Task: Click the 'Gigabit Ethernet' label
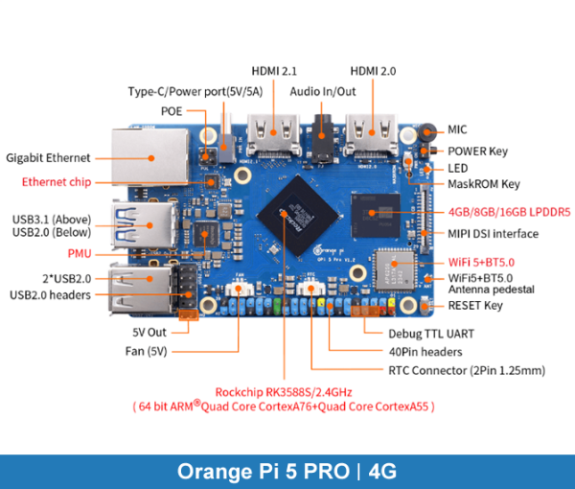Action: [x=48, y=157]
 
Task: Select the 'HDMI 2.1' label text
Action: [x=275, y=71]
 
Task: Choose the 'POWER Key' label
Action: [x=478, y=151]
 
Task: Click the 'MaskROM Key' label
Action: [x=484, y=183]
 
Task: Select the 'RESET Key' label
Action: [x=476, y=306]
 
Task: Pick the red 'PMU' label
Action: [x=80, y=254]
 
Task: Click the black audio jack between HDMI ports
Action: [x=323, y=140]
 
